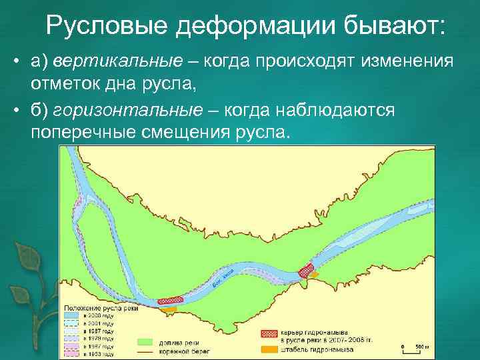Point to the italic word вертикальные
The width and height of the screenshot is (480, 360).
[118, 61]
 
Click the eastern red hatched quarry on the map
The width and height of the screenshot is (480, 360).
[307, 269]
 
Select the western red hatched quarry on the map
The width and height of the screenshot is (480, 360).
[169, 301]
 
